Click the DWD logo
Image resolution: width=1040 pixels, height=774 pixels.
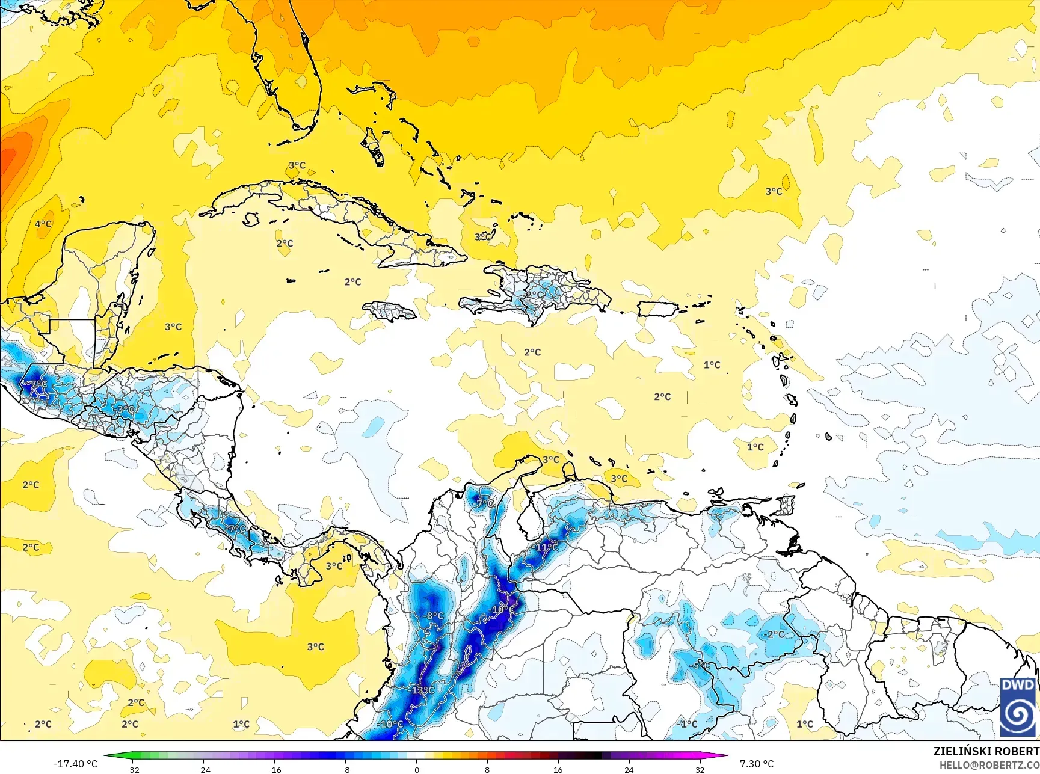click(x=1018, y=707)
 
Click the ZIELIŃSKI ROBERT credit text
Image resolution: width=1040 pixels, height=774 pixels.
click(x=985, y=751)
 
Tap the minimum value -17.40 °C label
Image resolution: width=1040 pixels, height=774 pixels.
click(x=75, y=764)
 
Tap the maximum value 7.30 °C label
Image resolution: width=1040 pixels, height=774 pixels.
click(x=757, y=764)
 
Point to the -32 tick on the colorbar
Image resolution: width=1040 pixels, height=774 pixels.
click(x=132, y=769)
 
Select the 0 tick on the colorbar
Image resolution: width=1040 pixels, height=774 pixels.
click(x=416, y=769)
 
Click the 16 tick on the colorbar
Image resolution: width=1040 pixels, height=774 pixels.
click(x=558, y=769)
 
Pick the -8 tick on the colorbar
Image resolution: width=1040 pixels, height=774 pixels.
click(x=345, y=769)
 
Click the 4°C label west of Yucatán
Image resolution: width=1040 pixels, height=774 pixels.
click(x=43, y=224)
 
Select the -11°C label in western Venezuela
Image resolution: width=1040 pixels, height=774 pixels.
click(x=546, y=547)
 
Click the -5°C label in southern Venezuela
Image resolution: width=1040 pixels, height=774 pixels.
click(x=700, y=665)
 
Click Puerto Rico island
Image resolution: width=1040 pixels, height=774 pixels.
click(x=657, y=309)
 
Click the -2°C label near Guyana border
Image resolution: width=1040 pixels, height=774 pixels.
click(x=774, y=634)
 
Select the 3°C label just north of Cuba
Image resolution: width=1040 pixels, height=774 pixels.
click(x=297, y=165)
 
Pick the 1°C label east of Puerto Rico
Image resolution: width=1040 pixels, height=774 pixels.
click(x=712, y=365)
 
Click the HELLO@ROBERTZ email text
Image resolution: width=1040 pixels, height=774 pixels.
click(x=989, y=765)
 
